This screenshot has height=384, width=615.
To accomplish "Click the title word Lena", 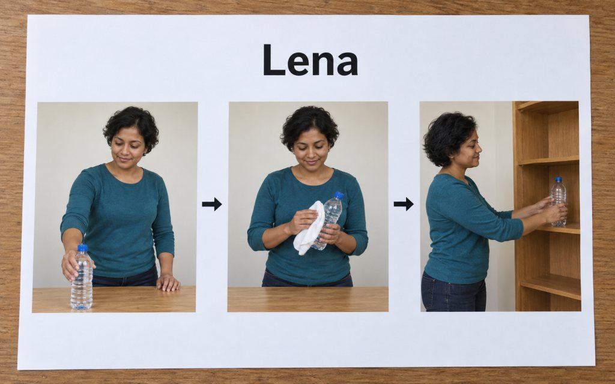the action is coord(311,59).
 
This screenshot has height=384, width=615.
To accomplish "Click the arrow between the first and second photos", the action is coord(212,204).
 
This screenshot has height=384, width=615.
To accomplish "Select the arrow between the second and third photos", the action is coord(404,204).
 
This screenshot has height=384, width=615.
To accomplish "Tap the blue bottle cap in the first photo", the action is coord(82,248).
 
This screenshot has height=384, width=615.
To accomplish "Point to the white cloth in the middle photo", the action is coord(309,227).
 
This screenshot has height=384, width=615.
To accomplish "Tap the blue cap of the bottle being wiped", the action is coord(339,195).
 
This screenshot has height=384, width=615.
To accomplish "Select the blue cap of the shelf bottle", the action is coord(559,179).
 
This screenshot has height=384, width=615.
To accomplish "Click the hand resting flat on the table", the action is coord(168,283).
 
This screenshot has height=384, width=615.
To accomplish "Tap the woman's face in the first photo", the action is coord(127,147).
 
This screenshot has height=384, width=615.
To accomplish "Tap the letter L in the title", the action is coord(273,59).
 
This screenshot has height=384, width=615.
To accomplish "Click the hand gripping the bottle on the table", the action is coord(73,265).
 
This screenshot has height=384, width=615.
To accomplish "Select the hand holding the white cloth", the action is coord(303,221).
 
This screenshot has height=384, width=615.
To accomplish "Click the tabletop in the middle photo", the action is coord(308,299).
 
